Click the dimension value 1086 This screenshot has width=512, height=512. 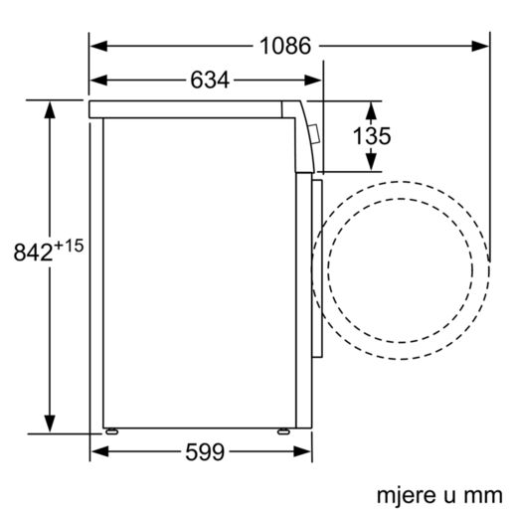click(285, 45)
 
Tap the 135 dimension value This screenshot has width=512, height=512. click(371, 135)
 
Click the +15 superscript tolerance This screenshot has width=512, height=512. click(68, 245)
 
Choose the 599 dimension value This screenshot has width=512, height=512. click(203, 452)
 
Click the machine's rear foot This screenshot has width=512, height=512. click(109, 431)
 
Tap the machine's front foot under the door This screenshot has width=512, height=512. click(283, 431)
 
